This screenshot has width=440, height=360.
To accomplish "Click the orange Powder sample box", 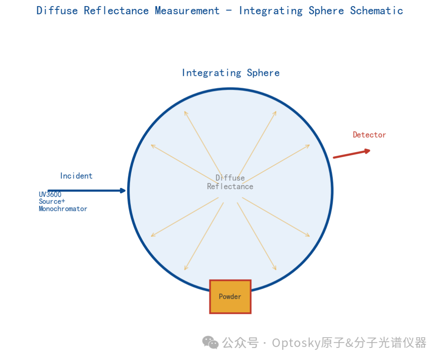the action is tap(230, 296).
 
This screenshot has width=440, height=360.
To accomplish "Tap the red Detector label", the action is tap(369, 135).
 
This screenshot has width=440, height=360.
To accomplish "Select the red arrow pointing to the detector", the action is tap(352, 154).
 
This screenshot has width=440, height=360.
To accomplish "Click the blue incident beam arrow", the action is tap(87, 191).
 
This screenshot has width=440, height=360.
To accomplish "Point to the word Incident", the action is tap(76, 176).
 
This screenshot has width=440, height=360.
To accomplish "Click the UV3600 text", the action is tap(50, 194).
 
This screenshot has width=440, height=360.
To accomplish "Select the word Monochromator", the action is tap(63, 209).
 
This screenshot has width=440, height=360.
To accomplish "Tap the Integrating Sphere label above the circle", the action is tap(231, 73).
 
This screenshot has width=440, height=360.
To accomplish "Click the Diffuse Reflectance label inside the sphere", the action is tap(230, 182).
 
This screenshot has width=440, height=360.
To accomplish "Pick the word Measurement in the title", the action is tap(187, 11).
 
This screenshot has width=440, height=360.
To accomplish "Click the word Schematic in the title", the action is tap(376, 11).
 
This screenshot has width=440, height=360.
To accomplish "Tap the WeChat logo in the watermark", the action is tap(210, 342).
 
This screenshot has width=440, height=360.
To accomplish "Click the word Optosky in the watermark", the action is tap(296, 343).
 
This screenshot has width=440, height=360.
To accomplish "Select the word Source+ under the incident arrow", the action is tap(52, 201).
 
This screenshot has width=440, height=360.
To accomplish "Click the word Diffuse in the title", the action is tap(57, 11).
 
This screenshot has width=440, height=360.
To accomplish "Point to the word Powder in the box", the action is tap(230, 296).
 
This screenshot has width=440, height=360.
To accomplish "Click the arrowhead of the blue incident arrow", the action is tap(123, 191).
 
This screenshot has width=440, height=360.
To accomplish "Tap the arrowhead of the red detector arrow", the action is tap(367, 151).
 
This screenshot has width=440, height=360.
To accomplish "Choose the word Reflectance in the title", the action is tap(116, 11).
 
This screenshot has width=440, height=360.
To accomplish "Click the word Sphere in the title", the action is tap(326, 11).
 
